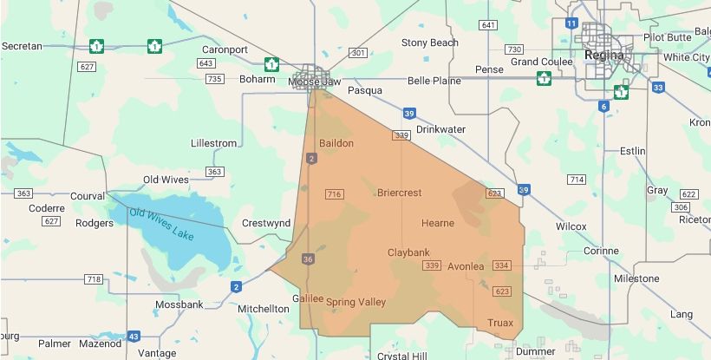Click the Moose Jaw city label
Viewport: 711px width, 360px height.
click(x=308, y=82)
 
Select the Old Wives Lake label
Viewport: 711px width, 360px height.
click(x=162, y=224)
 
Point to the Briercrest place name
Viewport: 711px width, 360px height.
click(x=400, y=193)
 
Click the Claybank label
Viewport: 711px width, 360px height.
click(x=408, y=252)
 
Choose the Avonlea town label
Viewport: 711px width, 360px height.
click(x=466, y=266)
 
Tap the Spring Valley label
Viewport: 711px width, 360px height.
click(x=355, y=302)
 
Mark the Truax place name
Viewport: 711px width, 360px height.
click(x=500, y=323)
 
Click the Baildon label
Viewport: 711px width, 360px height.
click(x=336, y=143)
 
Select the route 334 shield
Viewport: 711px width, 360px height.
click(x=501, y=265)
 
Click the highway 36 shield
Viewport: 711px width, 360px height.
click(x=308, y=259)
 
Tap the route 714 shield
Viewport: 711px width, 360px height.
click(x=577, y=180)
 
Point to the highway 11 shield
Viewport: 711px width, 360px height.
click(x=571, y=23)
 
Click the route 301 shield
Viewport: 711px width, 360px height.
click(x=357, y=54)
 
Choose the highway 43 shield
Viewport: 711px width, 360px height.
click(x=134, y=336)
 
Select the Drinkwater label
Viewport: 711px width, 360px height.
click(x=440, y=129)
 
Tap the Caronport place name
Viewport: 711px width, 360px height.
click(x=225, y=49)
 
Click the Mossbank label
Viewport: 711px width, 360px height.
click(x=179, y=304)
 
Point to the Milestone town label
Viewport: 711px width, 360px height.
click(x=636, y=278)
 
